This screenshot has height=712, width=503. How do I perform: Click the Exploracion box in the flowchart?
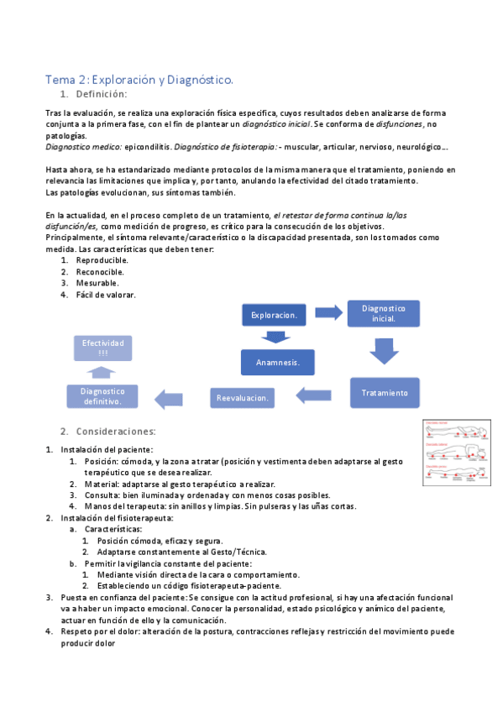pos(274,315)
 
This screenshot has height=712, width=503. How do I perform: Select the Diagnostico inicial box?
pos(384,313)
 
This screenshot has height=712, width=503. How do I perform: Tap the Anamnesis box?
pos(278,363)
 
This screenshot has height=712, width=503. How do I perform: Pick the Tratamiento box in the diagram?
pos(384,392)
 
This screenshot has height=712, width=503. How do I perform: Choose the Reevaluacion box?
pos(243,397)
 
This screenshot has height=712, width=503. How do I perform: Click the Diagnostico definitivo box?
pos(102,396)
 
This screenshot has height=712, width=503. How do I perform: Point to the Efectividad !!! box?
pos(102,348)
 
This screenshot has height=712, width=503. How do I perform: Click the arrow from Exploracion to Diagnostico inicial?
pos(328,312)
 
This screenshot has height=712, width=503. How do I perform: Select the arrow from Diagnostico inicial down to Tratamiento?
pos(384,349)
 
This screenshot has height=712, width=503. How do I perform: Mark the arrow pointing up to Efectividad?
pos(102,372)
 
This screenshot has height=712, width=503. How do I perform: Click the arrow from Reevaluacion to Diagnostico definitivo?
pos(174,397)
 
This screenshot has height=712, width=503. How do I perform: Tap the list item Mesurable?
pos(97,283)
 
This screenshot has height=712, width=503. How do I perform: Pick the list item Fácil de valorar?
pos(106,295)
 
